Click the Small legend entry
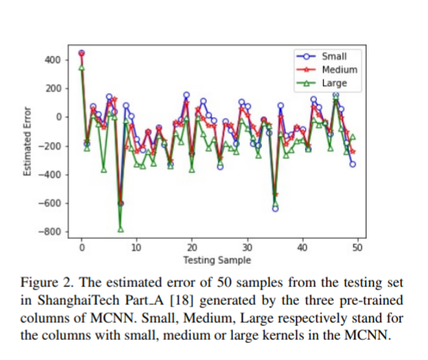[x=333, y=56]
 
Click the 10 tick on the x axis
[x=137, y=248]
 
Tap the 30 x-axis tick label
[x=246, y=248]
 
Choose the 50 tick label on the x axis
[x=357, y=248]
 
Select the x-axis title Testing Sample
[x=218, y=260]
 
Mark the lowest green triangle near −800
[x=120, y=229]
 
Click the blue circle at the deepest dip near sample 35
[x=275, y=208]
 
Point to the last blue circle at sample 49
[x=353, y=164]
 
